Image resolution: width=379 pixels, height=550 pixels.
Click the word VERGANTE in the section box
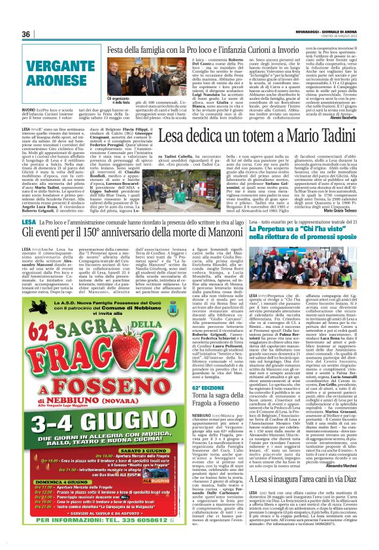click(46, 70)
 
